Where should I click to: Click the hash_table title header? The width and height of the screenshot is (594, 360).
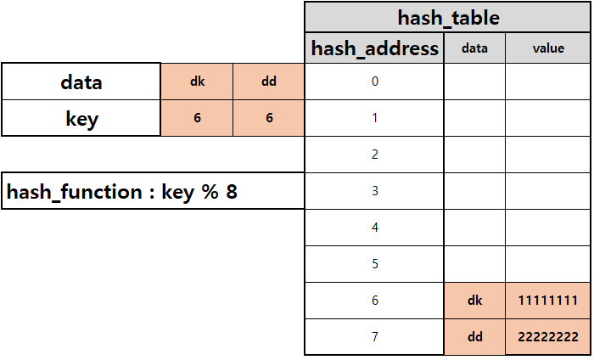click(448, 17)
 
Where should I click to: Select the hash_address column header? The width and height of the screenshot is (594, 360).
click(375, 48)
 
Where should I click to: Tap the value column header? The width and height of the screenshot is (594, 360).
click(548, 48)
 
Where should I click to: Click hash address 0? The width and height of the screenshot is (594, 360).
click(374, 82)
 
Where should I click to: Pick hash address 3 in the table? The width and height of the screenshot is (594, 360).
click(374, 191)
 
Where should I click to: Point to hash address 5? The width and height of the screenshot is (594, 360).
click(374, 264)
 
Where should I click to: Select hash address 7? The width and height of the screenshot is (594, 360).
click(374, 337)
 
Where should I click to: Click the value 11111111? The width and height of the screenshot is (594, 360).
click(548, 301)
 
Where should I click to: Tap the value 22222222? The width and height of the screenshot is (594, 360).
click(548, 337)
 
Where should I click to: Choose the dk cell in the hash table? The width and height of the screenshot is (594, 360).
click(474, 301)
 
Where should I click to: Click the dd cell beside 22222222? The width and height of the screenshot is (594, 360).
click(474, 337)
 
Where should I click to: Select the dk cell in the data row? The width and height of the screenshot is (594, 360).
click(197, 82)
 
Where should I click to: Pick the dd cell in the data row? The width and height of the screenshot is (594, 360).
click(269, 82)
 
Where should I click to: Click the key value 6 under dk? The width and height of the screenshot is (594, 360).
click(197, 118)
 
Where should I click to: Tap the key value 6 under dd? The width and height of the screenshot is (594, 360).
click(269, 118)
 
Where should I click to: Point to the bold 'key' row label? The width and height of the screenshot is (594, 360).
click(81, 118)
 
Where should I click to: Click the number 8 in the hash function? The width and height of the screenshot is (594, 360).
click(231, 192)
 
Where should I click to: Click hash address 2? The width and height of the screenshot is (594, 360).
click(374, 155)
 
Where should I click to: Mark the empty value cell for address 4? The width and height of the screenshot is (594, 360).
click(548, 228)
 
